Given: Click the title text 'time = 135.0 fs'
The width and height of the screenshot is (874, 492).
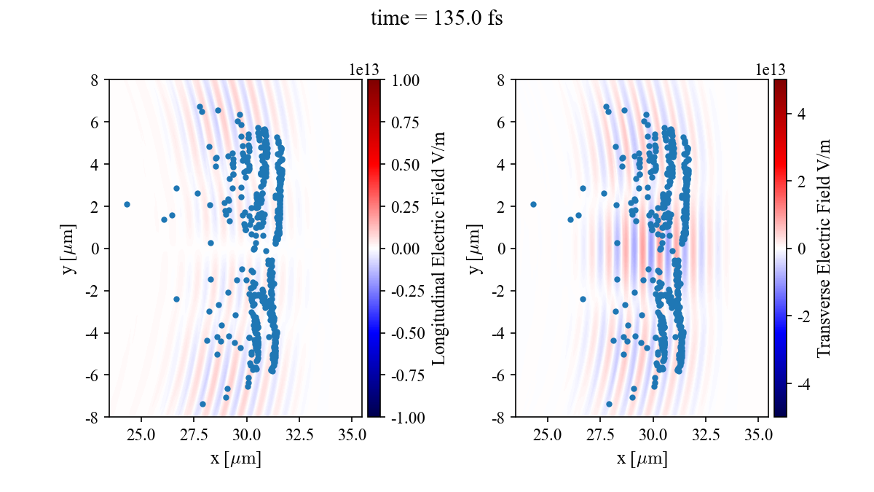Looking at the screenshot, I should [436, 19].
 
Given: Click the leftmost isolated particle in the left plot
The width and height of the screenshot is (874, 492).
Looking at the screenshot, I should [127, 205].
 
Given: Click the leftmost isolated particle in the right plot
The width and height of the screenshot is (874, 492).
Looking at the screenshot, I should [533, 205].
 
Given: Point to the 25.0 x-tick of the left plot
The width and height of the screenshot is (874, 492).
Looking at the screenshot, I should [141, 436].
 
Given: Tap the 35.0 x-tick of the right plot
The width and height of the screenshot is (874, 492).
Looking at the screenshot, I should [759, 436].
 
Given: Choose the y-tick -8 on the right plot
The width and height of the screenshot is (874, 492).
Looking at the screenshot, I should [500, 418].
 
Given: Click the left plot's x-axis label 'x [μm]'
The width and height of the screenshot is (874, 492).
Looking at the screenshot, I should [235, 459].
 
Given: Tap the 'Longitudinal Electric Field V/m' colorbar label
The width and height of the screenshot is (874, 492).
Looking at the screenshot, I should [439, 249].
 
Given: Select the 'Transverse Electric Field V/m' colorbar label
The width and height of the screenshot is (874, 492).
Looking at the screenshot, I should [824, 249].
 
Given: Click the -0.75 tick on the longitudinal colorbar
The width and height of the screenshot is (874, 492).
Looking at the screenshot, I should [404, 375].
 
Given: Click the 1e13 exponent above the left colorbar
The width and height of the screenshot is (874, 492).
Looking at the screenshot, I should [364, 69].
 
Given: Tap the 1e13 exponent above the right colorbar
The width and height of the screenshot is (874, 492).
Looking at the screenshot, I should [771, 69].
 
